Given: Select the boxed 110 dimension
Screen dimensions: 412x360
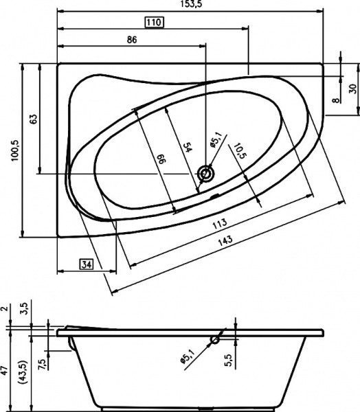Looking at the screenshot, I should point(153,23).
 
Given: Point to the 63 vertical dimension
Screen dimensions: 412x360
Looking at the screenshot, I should point(32,118).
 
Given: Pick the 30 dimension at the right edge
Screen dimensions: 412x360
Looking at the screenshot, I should point(352,88).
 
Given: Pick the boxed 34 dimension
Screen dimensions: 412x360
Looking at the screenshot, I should point(87,264).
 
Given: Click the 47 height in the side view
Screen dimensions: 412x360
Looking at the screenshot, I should point(5,371).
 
